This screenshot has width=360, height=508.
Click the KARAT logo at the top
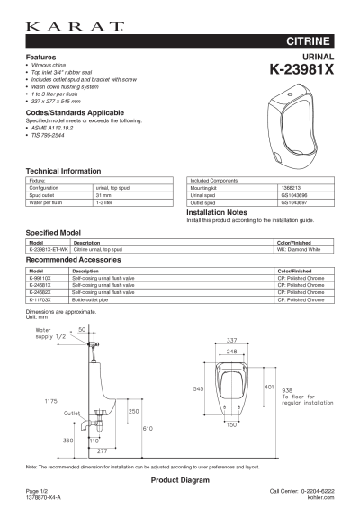[76, 28]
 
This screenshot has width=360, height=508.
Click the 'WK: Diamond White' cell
[298, 249]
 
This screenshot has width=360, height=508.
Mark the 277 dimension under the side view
[103, 450]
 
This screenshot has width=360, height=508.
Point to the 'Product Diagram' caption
[179, 480]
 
